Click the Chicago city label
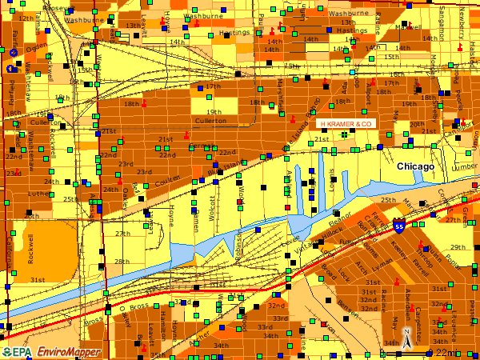click(415, 166)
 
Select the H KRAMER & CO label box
click(346, 124)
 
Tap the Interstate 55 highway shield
click(398, 227)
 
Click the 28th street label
click(121, 262)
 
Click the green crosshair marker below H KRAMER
click(344, 135)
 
